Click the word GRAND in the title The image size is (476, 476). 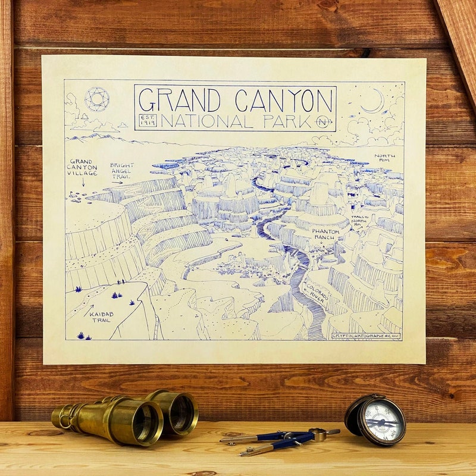pos(178,99)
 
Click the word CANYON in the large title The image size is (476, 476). pos(283,99)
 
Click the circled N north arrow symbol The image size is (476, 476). pos(324,122)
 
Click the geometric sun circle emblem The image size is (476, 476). pos(96,99)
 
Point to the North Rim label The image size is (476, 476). pos(384,159)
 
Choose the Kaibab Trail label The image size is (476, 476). pos(101,317)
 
